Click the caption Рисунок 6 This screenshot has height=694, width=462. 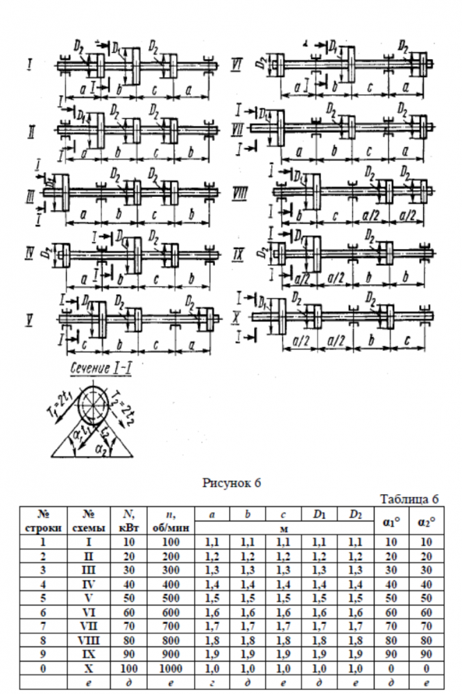click(x=231, y=483)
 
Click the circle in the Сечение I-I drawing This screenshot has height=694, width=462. click(x=92, y=401)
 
